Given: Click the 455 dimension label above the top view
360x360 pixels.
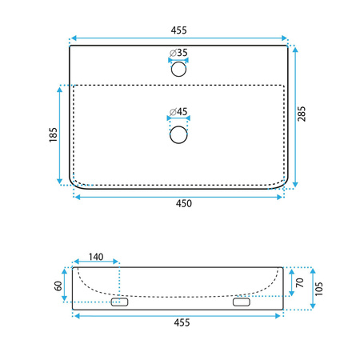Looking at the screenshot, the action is [x=178, y=30].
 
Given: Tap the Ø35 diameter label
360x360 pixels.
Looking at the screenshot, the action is [x=178, y=53].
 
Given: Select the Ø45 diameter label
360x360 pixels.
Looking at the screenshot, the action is [x=178, y=111].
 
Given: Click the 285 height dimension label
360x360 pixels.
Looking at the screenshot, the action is [x=302, y=114].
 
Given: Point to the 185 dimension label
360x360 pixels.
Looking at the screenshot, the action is [x=54, y=134].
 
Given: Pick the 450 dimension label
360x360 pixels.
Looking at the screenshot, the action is [x=184, y=203].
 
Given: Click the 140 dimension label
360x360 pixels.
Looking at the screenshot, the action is [x=96, y=257].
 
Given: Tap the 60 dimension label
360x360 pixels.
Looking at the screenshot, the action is [x=58, y=286].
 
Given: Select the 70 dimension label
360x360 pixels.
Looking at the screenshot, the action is [x=300, y=282].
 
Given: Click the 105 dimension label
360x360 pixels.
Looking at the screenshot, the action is [x=319, y=289].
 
